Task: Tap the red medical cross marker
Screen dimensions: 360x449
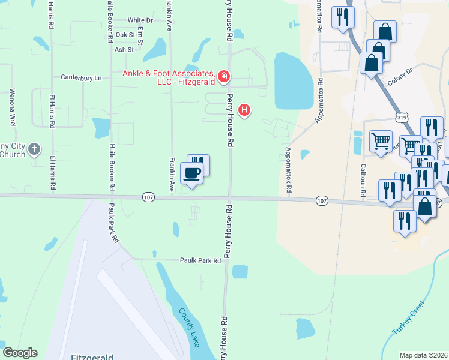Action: point(223,76)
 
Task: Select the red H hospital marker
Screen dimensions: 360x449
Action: point(244,110)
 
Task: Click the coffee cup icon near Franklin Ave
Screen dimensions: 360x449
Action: point(191,174)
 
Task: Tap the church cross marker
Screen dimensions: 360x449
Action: point(35,148)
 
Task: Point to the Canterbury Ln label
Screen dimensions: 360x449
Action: point(82,77)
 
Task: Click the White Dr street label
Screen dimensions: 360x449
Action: point(140,20)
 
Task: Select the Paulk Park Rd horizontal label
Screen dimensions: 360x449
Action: point(200,260)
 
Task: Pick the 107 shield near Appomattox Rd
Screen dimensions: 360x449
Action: point(322,200)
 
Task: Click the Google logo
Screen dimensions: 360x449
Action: point(20,353)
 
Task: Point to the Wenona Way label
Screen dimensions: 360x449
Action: point(11,107)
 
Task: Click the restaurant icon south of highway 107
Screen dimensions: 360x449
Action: point(405,220)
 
